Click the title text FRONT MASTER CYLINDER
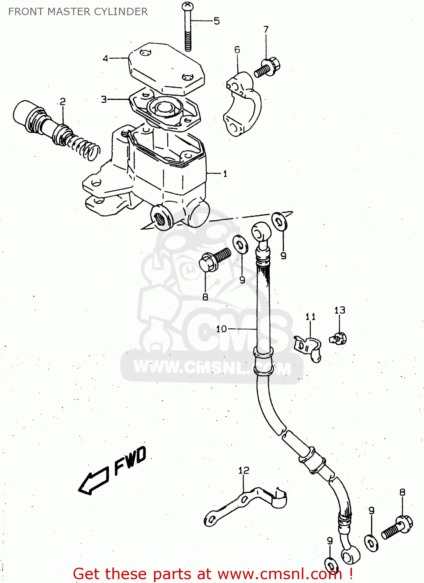pyautogui.click(x=78, y=12)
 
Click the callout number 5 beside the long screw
pyautogui.click(x=217, y=21)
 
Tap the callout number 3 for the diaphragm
pyautogui.click(x=104, y=99)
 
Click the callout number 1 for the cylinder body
pyautogui.click(x=225, y=174)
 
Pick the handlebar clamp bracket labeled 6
pyautogui.click(x=243, y=104)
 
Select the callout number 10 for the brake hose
pyautogui.click(x=221, y=329)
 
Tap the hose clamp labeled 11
pyautogui.click(x=308, y=347)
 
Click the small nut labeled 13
pyautogui.click(x=339, y=339)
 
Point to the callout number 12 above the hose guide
pyautogui.click(x=244, y=471)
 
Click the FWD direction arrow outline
pyautogui.click(x=93, y=480)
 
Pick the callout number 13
pyautogui.click(x=340, y=310)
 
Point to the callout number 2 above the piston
pyautogui.click(x=63, y=101)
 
